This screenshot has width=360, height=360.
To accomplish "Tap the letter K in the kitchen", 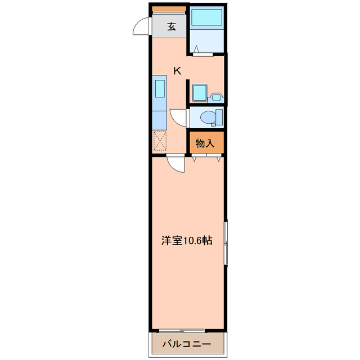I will pyautogui.click(x=177, y=71).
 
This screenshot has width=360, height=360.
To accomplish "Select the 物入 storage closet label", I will pyautogui.click(x=205, y=143).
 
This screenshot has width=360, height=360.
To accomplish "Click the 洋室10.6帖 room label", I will pyautogui.click(x=187, y=241).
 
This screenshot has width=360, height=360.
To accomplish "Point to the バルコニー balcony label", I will pyautogui.click(x=187, y=344).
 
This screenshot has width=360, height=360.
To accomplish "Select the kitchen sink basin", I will pyautogui.click(x=160, y=89).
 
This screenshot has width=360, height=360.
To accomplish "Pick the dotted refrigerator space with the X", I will pyautogui.click(x=160, y=140).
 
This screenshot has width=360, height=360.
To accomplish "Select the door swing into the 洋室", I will pyautogui.click(x=177, y=165).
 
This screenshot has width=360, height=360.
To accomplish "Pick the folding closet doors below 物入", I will pyautogui.click(x=205, y=158).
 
